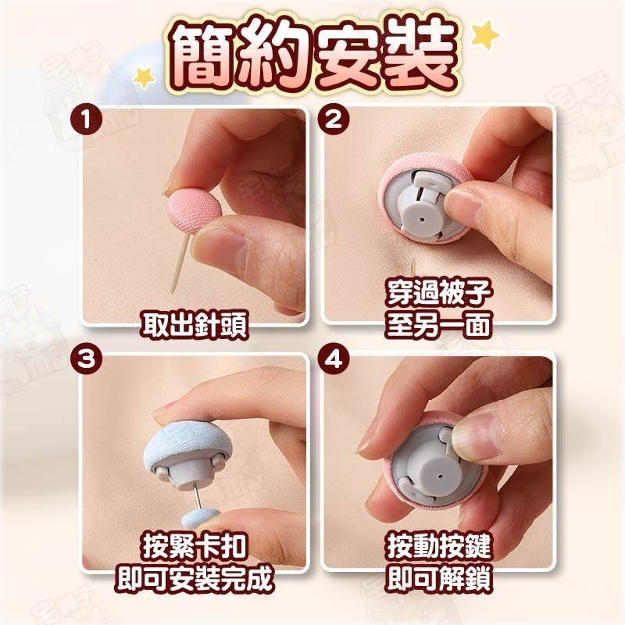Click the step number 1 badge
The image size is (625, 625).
pyautogui.click(x=86, y=120)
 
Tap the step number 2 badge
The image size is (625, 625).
pyautogui.click(x=334, y=120)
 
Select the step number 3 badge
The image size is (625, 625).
pyautogui.click(x=86, y=359)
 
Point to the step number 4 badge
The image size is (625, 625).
pyautogui.click(x=334, y=359)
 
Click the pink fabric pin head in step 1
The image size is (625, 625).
pyautogui.click(x=194, y=210)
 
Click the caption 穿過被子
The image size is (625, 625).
pyautogui.click(x=438, y=293)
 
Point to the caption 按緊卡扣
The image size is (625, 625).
pyautogui.click(x=194, y=546)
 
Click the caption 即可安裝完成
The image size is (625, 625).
pyautogui.click(x=194, y=578)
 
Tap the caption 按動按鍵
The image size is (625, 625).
pyautogui.click(x=439, y=546)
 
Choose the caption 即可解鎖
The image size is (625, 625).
pyautogui.click(x=439, y=578)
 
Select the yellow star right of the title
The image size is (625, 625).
pyautogui.click(x=485, y=35)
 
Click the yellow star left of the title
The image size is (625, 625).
pyautogui.click(x=144, y=77)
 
